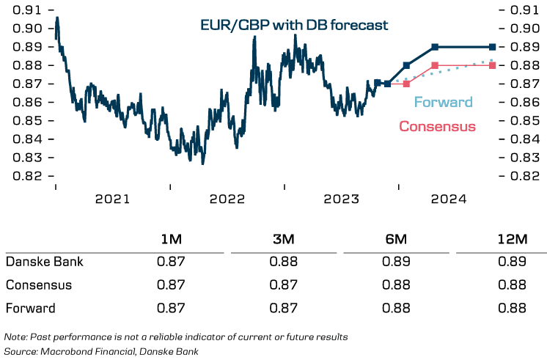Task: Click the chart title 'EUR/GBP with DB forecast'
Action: [294, 26]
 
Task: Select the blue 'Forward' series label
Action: [444, 102]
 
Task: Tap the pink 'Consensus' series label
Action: [437, 126]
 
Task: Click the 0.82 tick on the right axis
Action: [522, 176]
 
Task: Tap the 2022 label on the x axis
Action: [227, 199]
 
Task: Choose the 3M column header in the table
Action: [284, 240]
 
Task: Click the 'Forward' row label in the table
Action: [30, 308]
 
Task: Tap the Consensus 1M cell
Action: [172, 284]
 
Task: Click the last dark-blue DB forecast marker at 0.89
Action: [492, 46]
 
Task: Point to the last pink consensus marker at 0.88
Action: [492, 65]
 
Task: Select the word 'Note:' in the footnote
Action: [15, 337]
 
